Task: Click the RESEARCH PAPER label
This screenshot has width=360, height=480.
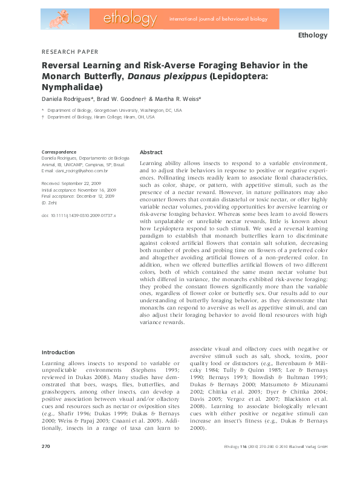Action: [x=70, y=52]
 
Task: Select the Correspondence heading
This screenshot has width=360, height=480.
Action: [x=59, y=152]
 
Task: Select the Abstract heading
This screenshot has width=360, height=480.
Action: [x=151, y=152]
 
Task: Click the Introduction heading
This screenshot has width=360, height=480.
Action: [x=58, y=352]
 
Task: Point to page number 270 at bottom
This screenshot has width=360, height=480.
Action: [x=45, y=463]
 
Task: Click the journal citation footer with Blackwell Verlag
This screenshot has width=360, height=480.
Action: [x=271, y=464]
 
